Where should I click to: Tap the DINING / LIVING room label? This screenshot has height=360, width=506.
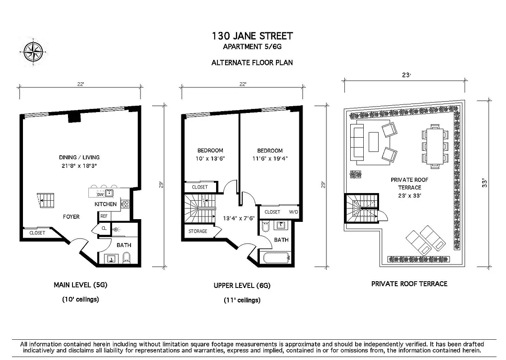pos(79,157)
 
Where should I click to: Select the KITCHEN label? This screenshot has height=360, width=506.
pos(105,204)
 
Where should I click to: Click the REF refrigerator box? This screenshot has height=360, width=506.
pos(104,216)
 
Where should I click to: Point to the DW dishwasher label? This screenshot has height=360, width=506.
pos(101,194)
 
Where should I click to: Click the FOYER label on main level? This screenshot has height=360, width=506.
pos(71,217)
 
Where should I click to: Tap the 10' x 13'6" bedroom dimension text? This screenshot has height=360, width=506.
pos(210,158)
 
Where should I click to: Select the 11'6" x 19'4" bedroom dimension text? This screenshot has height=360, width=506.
pos(270,158)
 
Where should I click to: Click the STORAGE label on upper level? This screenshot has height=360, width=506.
pos(198,231)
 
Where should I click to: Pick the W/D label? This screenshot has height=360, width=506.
pos(293,212)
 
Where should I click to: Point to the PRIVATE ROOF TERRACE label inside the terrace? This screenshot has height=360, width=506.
pos(409,188)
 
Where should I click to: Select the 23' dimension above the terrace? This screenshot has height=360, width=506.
pos(407,76)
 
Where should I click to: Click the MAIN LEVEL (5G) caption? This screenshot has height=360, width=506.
pos(81,285)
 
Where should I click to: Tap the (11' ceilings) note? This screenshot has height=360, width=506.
pos(242,300)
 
